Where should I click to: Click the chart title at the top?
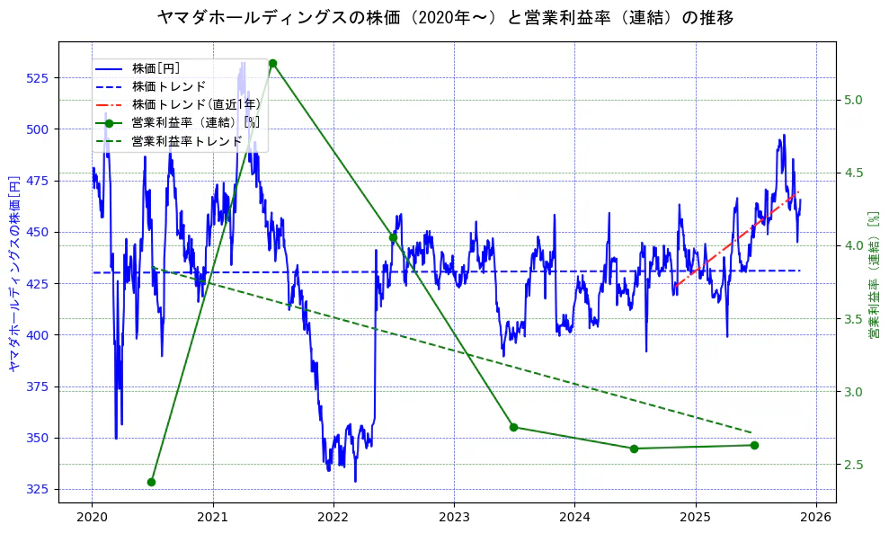(444, 17)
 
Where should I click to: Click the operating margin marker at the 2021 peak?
(272, 63)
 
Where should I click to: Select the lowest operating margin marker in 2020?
(151, 482)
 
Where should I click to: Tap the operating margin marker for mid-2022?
(393, 237)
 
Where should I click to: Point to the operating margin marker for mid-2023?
(513, 427)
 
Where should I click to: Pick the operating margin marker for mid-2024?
(634, 449)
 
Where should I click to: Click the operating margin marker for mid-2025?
(754, 445)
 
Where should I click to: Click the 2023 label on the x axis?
(454, 518)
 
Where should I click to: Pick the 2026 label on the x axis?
(816, 518)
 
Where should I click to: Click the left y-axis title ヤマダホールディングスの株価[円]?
(13, 271)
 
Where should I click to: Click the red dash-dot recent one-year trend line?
(737, 238)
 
